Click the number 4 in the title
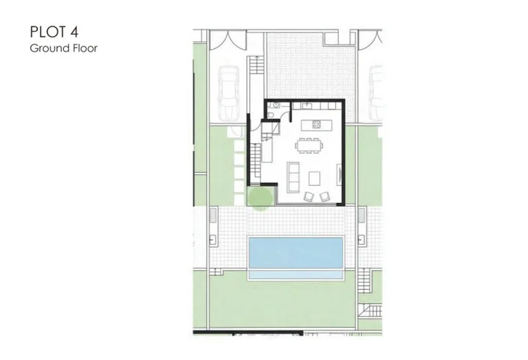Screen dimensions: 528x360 75,32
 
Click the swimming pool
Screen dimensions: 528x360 296,253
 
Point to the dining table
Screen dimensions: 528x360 309,146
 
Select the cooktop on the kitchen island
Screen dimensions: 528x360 317,124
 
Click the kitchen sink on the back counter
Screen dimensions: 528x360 307,106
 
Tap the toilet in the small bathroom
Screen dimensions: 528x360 271,115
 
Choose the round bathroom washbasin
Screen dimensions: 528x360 276,105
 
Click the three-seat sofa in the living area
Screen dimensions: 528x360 293,177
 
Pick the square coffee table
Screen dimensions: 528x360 314,179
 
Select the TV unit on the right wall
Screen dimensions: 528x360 339,175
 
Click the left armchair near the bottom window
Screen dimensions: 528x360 309,196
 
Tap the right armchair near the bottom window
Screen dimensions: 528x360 325,196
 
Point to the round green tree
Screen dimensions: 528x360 260,198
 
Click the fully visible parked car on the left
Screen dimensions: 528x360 229,93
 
